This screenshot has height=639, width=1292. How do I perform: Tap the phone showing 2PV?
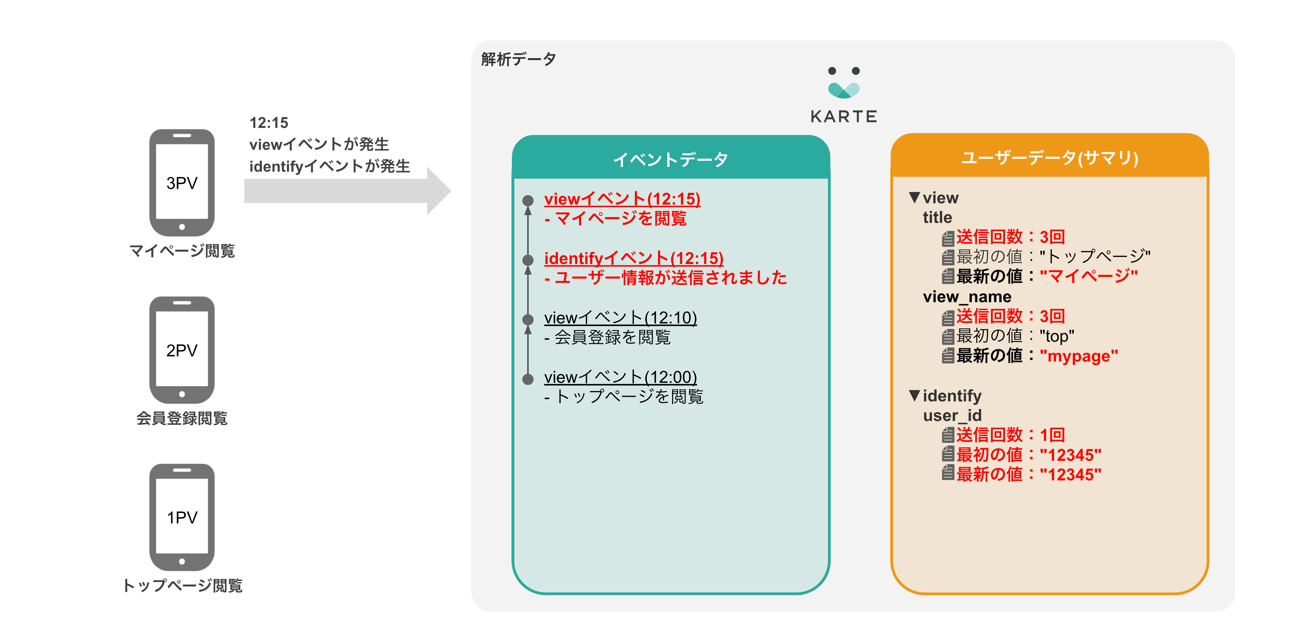[x=182, y=350]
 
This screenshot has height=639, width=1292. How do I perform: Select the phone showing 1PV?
[x=182, y=517]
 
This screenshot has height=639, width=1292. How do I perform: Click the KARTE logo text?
[x=844, y=117]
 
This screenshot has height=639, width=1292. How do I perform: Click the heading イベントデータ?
[x=670, y=159]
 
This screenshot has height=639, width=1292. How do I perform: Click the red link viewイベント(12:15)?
[x=622, y=199]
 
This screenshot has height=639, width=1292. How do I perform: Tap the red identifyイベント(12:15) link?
[x=634, y=258]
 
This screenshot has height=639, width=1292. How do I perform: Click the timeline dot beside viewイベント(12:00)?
[x=528, y=379]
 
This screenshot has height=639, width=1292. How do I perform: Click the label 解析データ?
[x=518, y=59]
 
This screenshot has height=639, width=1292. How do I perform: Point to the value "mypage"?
[x=1078, y=356]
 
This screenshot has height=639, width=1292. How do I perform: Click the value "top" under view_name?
[x=1057, y=336]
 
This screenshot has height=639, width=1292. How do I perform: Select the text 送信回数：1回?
[x=1010, y=435]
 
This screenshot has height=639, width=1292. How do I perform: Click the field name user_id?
[x=952, y=415]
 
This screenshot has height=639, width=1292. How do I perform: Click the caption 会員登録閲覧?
[x=182, y=418]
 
